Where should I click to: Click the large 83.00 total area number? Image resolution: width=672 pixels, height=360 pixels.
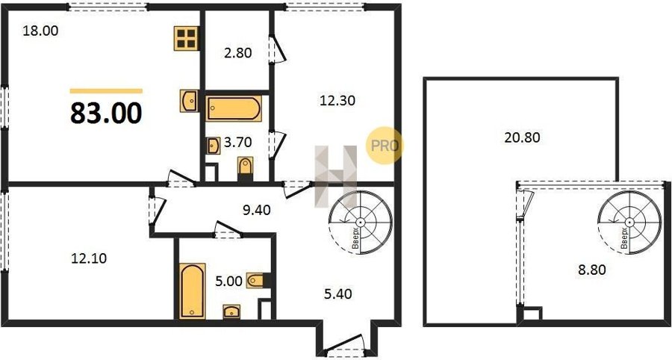click(x=106, y=114)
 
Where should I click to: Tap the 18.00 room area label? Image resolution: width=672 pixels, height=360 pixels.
click(x=40, y=31)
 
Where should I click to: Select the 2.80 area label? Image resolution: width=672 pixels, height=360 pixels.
click(x=237, y=53)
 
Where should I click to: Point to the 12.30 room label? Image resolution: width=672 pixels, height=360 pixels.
click(x=337, y=100)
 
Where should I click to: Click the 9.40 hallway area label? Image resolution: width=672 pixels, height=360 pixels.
click(x=257, y=210)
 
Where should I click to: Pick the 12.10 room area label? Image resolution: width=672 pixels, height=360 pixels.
click(x=89, y=258)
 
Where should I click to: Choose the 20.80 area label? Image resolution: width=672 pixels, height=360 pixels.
click(x=523, y=137)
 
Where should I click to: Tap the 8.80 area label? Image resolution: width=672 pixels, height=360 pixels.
click(x=592, y=270)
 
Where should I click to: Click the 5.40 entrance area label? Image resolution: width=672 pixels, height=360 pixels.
click(x=337, y=294)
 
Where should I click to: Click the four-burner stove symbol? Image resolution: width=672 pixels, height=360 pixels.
click(x=187, y=38)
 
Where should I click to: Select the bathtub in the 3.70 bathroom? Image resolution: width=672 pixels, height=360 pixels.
click(x=234, y=108)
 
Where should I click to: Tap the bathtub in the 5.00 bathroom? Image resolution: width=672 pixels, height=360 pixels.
click(x=193, y=291)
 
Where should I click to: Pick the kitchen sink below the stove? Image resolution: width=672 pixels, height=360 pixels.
click(x=189, y=101)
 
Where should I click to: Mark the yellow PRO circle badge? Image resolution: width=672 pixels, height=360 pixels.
click(x=385, y=146)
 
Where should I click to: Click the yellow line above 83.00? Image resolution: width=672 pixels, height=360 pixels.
click(x=106, y=91)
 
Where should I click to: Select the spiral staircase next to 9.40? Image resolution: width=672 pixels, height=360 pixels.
click(x=361, y=222)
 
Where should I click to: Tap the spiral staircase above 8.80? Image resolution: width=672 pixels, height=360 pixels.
click(x=629, y=222)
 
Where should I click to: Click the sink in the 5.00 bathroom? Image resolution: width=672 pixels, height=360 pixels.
click(x=232, y=311)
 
